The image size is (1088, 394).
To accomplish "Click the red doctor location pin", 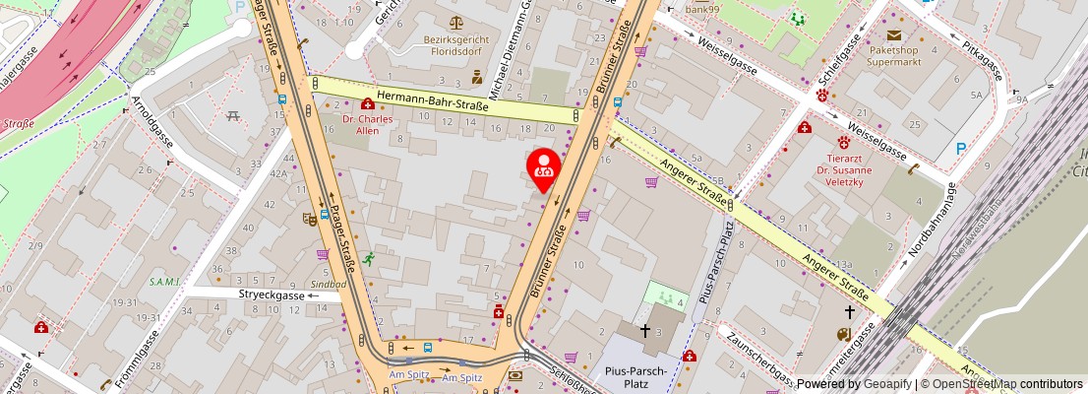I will [x=542, y=167].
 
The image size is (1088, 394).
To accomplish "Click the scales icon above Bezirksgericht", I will [x=455, y=22].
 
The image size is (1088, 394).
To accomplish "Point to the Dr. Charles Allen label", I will [x=367, y=125].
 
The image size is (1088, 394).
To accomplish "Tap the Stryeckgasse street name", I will [x=272, y=295].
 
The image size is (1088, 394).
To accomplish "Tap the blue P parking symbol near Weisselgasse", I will [x=960, y=149].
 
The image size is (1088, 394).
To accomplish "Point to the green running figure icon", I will [x=368, y=259].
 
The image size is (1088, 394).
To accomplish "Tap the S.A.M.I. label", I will [x=164, y=282].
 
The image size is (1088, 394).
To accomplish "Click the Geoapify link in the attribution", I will [x=886, y=384].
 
